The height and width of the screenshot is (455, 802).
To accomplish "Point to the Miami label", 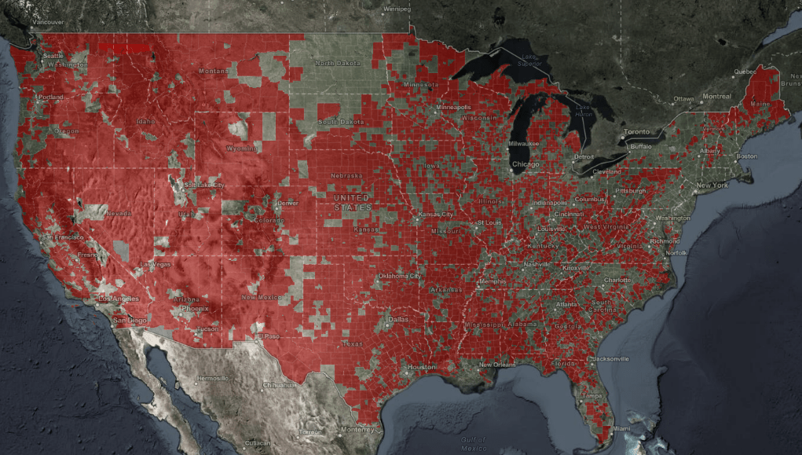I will [622, 428].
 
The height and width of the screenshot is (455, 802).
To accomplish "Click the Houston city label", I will [421, 367].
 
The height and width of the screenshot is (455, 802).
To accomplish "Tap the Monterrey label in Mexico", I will [358, 429].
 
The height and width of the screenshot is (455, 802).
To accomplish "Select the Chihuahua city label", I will [278, 385].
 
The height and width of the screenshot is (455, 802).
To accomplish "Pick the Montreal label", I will [716, 96].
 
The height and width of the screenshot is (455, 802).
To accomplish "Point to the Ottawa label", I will [683, 99].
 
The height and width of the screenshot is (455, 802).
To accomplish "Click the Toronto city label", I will [637, 131].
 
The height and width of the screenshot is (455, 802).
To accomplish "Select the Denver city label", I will [287, 203].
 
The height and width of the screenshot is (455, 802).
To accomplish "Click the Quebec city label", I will [744, 71].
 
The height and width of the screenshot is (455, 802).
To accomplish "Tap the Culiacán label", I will [258, 443].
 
